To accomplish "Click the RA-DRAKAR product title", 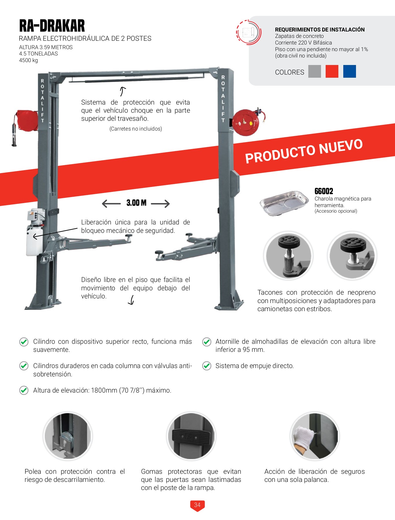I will click(x=52, y=26).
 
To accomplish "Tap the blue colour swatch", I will click(x=349, y=71).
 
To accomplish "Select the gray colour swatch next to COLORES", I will click(x=314, y=71).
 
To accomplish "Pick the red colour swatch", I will click(x=332, y=71).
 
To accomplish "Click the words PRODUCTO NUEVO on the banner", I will click(x=304, y=151).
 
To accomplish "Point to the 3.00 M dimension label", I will click(x=136, y=203).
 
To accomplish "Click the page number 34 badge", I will click(x=197, y=505).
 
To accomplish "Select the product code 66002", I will click(x=324, y=191).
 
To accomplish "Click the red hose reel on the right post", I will click(x=245, y=122).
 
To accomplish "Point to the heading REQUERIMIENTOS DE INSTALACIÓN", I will click(x=320, y=29).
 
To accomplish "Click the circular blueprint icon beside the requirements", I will click(x=249, y=32).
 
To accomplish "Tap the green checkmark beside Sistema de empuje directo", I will click(x=207, y=366).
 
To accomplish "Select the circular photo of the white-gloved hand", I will click(x=315, y=436).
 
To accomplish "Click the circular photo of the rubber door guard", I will click(x=191, y=436).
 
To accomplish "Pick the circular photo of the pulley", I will click(x=68, y=436).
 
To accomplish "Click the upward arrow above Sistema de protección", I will click(x=123, y=91).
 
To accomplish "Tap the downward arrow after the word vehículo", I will click(x=131, y=300).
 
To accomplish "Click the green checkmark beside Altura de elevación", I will click(x=24, y=390).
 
